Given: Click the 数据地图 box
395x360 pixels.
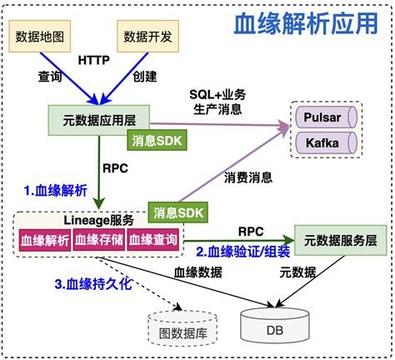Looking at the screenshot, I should [42, 36].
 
